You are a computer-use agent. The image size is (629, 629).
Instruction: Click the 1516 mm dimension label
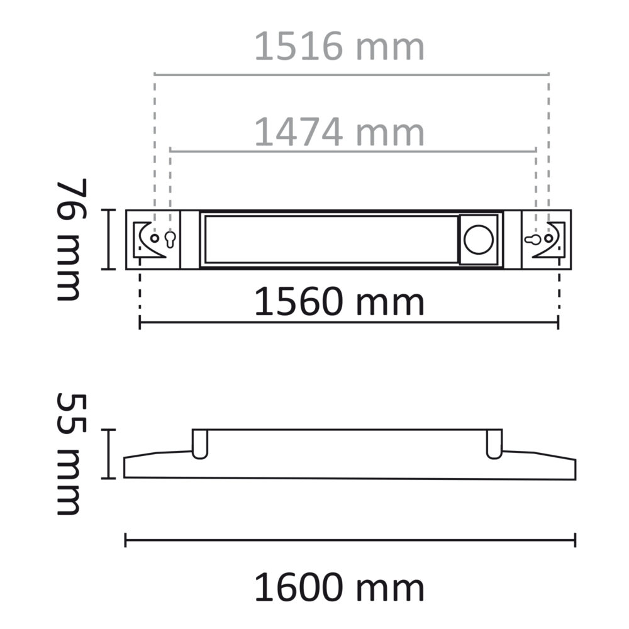click(x=340, y=47)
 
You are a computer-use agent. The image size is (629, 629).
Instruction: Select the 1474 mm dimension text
click(x=340, y=132)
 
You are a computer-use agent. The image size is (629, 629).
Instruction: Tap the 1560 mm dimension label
click(x=340, y=303)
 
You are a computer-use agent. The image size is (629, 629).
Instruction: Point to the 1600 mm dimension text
click(x=340, y=588)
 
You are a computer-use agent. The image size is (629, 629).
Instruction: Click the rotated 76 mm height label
click(x=69, y=239)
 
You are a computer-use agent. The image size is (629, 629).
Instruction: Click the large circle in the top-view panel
click(x=478, y=239)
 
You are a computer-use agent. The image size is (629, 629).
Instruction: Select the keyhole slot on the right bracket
click(x=532, y=240)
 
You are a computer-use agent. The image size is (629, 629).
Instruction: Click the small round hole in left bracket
click(x=155, y=239)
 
